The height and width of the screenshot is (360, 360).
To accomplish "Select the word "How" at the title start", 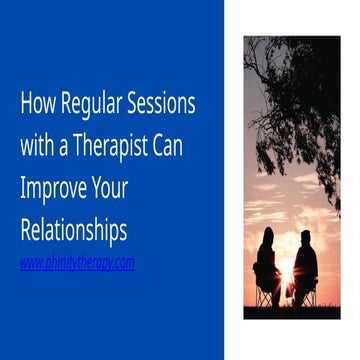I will pyautogui.click(x=36, y=104).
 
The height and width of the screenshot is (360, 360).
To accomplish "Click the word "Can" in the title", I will pyautogui.click(x=177, y=146).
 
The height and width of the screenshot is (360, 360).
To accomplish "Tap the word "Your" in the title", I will pyautogui.click(x=113, y=189).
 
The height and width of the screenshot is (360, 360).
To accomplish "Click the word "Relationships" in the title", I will pyautogui.click(x=74, y=231).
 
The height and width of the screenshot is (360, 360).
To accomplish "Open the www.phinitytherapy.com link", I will pyautogui.click(x=77, y=264).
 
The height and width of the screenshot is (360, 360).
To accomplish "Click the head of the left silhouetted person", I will pyautogui.click(x=267, y=235).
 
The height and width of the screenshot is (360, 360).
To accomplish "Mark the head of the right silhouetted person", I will pyautogui.click(x=304, y=238).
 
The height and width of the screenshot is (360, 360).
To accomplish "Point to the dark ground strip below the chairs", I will pyautogui.click(x=291, y=311).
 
